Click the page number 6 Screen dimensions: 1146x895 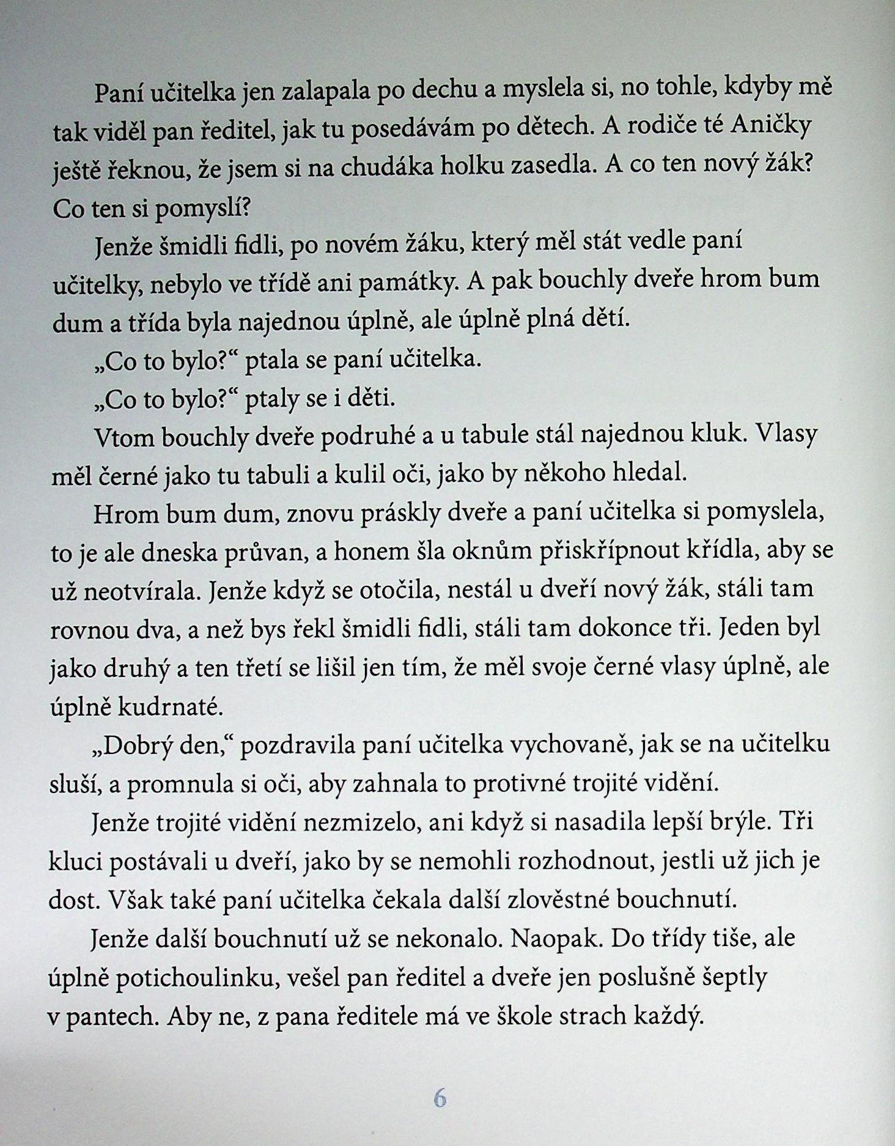(440, 1098)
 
